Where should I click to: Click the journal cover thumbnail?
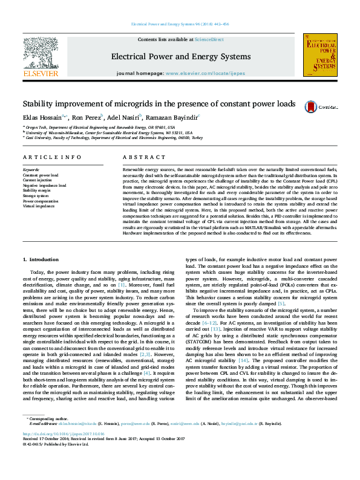[x=319, y=54]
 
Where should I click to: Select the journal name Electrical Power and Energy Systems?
[x=180, y=57]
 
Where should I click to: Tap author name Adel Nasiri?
[x=123, y=117]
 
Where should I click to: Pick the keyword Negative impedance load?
[x=45, y=185]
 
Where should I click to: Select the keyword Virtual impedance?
[x=38, y=206]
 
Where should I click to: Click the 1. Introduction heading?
[x=41, y=259]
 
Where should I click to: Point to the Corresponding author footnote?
[x=46, y=435]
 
